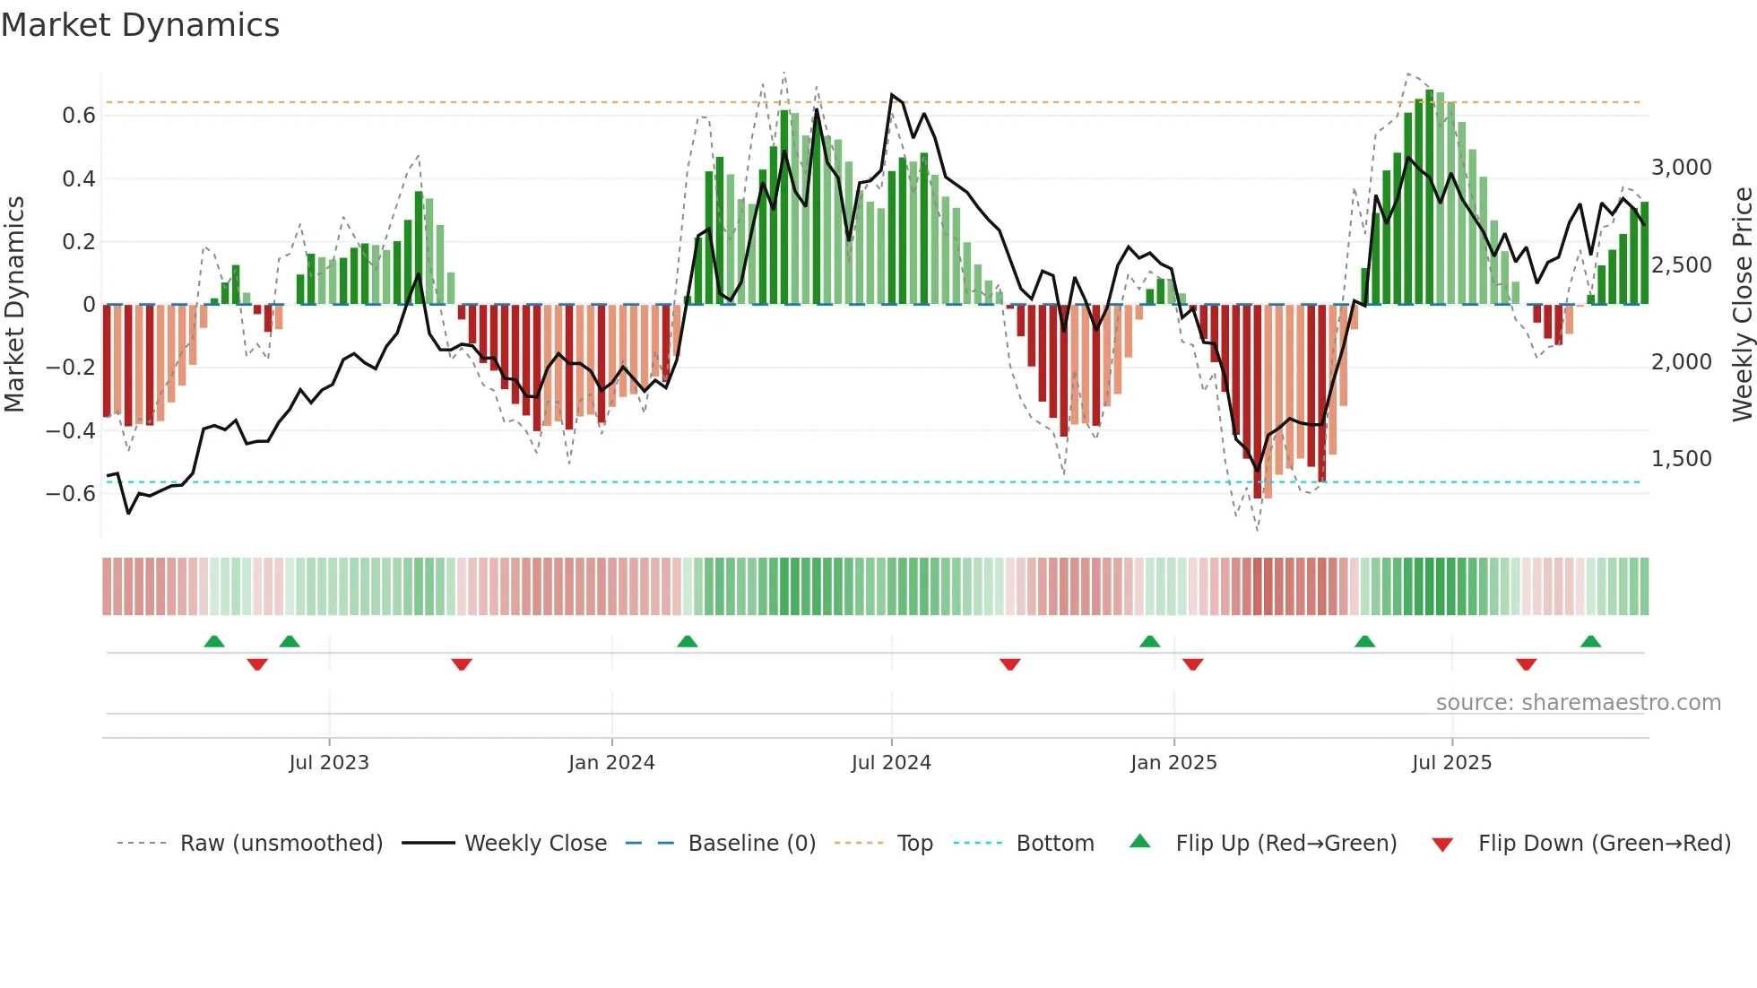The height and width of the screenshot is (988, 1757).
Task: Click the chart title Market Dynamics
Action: tap(140, 25)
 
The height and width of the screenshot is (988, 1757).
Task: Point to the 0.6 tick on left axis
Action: tap(79, 116)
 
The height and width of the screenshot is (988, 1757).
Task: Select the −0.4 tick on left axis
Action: tap(71, 430)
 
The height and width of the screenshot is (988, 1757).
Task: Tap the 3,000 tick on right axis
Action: tap(1681, 168)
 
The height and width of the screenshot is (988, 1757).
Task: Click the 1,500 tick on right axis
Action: tap(1681, 459)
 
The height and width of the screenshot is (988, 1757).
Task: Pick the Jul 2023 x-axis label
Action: tap(329, 763)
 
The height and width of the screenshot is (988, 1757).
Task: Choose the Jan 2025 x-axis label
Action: tap(1173, 763)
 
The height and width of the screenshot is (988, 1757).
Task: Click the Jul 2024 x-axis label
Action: tap(891, 763)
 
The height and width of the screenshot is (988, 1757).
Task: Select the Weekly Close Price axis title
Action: tap(1742, 305)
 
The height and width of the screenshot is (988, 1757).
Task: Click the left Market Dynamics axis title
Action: tap(14, 305)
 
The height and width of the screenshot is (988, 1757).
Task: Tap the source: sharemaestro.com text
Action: tap(1578, 703)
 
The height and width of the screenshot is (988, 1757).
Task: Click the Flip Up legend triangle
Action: tap(1139, 841)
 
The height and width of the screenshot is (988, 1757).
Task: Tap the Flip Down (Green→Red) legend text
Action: tap(1604, 844)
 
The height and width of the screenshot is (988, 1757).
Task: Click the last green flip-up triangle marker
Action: tap(1590, 642)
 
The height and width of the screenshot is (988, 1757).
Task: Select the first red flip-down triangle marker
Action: tap(257, 664)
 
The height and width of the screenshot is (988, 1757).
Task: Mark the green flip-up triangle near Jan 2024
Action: tap(687, 642)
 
